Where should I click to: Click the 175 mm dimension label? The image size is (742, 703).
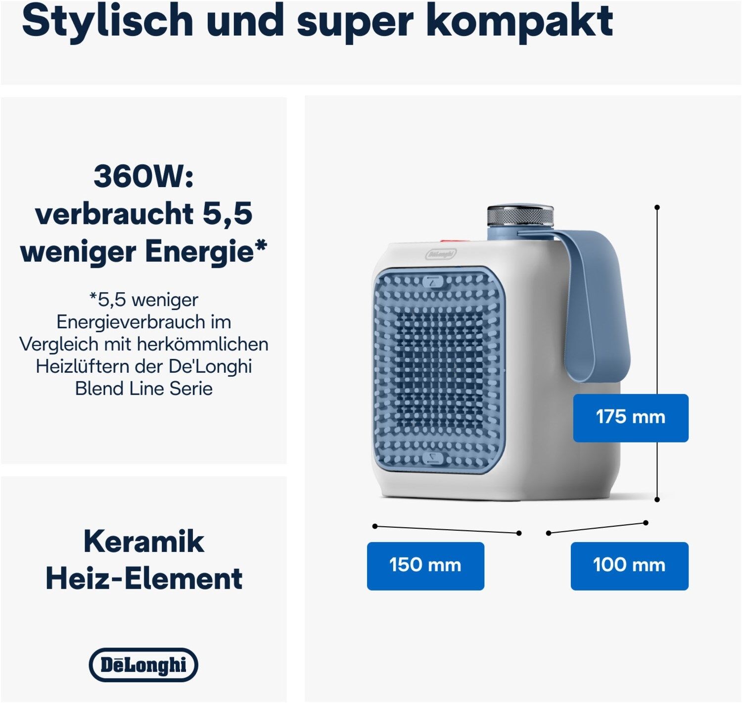coord(630,417)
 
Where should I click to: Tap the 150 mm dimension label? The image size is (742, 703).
coord(425,565)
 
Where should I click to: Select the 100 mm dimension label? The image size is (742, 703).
coord(629,565)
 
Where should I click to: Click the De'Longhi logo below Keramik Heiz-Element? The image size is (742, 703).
coord(143,665)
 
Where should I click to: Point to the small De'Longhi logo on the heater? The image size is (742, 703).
coord(441,254)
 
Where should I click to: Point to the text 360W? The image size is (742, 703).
coord(144,176)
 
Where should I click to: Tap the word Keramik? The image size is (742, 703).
coord(144,541)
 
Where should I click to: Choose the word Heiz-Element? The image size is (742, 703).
coord(144,578)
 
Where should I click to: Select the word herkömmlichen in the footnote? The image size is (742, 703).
coord(203,344)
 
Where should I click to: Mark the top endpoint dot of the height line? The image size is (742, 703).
coord(657,207)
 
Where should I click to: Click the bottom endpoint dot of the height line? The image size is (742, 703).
coord(657,500)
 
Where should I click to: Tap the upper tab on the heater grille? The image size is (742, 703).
coord(434,282)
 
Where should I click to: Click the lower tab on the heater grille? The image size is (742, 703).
coord(434,458)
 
